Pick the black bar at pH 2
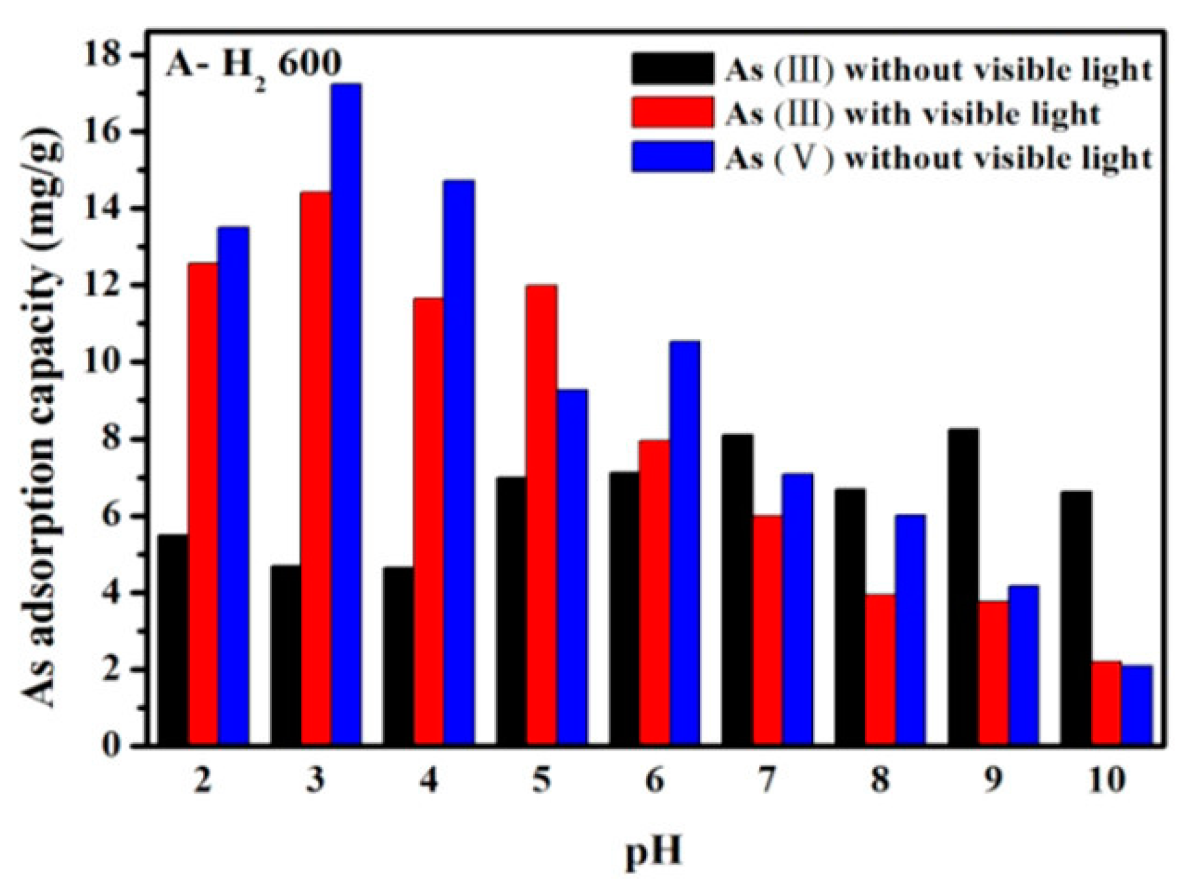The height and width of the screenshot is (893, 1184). tap(173, 640)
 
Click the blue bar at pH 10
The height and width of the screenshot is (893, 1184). tap(1136, 705)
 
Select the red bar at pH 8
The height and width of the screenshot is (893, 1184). tap(880, 669)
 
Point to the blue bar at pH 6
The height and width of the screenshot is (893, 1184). tap(684, 542)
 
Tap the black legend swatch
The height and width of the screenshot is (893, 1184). tap(672, 69)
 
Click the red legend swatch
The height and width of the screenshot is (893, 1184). tap(672, 113)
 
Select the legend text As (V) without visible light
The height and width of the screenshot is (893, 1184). tap(937, 158)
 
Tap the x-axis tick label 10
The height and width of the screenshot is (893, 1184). tap(1106, 781)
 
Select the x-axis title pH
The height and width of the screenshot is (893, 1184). tap(653, 853)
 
